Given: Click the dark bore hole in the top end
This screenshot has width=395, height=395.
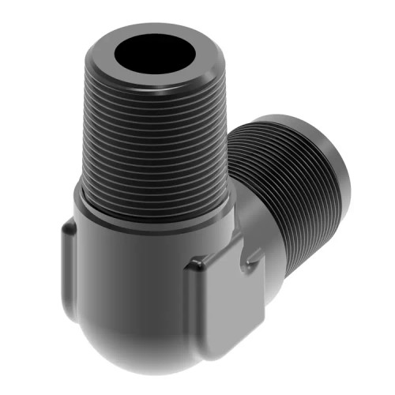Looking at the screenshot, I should point(155,55).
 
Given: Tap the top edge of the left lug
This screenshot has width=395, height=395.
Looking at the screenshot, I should point(70,226).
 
